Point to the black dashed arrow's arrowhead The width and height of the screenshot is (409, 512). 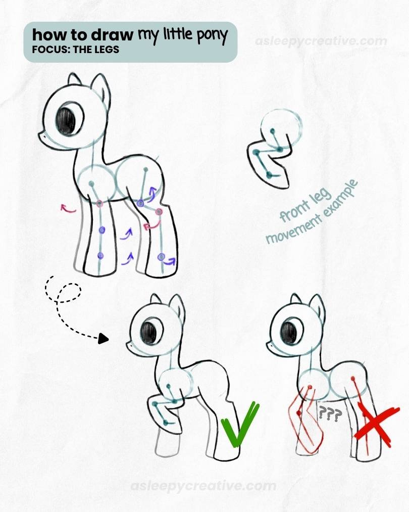[104, 338]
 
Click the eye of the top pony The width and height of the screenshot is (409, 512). [66, 120]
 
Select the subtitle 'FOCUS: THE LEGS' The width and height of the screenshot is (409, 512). [75, 50]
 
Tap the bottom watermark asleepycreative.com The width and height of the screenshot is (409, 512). [203, 486]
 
